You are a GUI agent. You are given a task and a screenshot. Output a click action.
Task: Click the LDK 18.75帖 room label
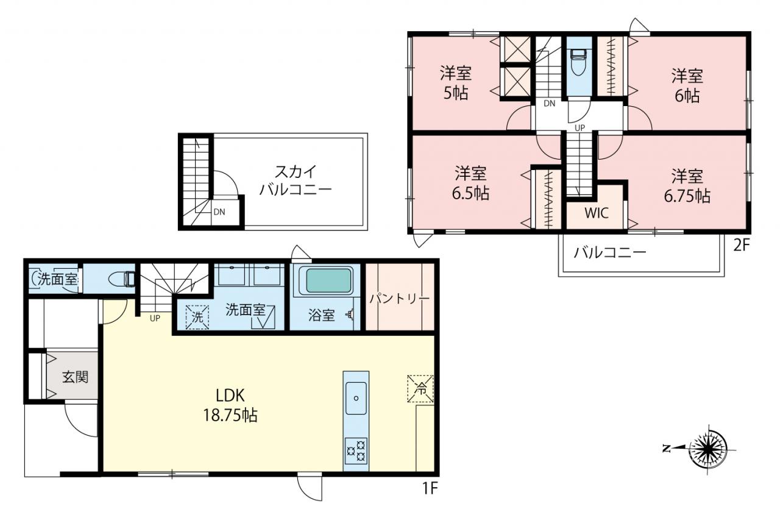[x=230, y=405]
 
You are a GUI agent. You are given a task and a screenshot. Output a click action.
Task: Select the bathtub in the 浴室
[x=328, y=280]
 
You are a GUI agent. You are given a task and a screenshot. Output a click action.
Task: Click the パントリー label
[x=400, y=299]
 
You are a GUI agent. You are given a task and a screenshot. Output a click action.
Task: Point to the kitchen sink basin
[x=356, y=397]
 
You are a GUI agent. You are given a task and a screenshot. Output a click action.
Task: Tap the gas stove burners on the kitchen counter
[x=356, y=451]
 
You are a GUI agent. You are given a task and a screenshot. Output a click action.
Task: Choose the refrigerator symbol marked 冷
[x=420, y=389]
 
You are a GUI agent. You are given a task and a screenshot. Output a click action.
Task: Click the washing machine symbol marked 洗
[x=197, y=317]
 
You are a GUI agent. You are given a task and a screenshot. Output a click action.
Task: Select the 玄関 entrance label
[x=75, y=377]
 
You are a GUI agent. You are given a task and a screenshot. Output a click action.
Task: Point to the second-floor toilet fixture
[x=579, y=62]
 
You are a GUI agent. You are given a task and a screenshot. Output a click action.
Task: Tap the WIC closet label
[x=597, y=213]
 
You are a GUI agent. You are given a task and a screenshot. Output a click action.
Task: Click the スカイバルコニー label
[x=296, y=181]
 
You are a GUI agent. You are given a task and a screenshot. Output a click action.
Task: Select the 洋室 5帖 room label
[x=455, y=83]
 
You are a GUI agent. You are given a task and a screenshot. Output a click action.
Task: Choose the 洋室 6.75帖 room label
[x=687, y=186]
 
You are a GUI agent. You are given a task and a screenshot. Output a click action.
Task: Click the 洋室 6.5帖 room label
[x=470, y=183]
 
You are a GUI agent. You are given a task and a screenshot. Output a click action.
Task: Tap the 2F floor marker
[x=742, y=246]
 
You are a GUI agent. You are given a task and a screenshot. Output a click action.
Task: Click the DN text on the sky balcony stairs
[x=219, y=212]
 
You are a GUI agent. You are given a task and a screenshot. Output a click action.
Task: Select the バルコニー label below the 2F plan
[x=610, y=252]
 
